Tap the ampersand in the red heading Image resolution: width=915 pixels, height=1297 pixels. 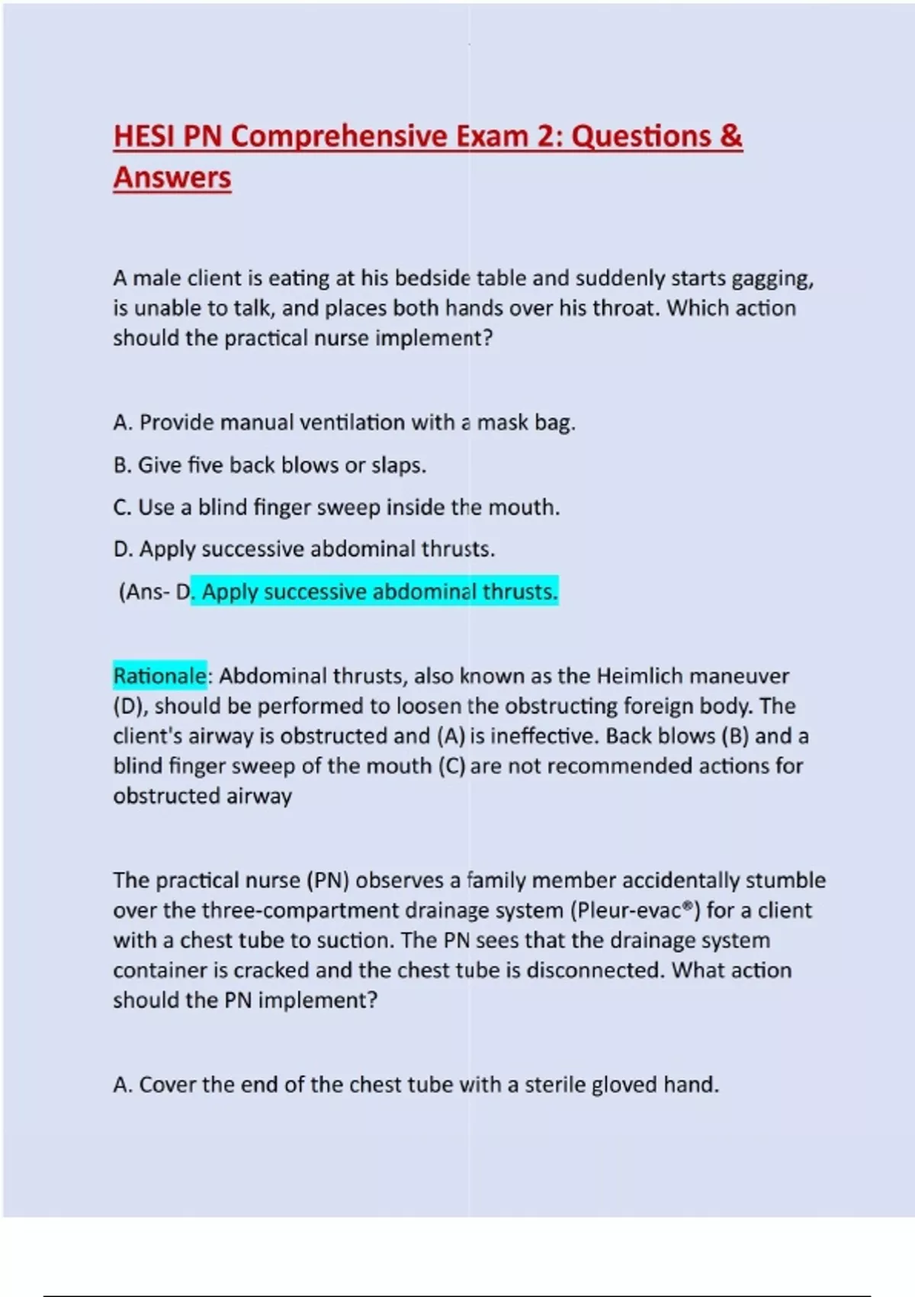[x=730, y=137]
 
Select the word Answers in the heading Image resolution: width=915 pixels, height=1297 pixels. [x=172, y=178]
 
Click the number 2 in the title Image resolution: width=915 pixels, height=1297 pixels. [x=545, y=137]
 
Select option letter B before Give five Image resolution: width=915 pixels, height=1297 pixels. [x=120, y=465]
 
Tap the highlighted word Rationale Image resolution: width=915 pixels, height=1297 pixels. [x=159, y=676]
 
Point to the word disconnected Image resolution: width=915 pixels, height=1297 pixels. [x=596, y=970]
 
